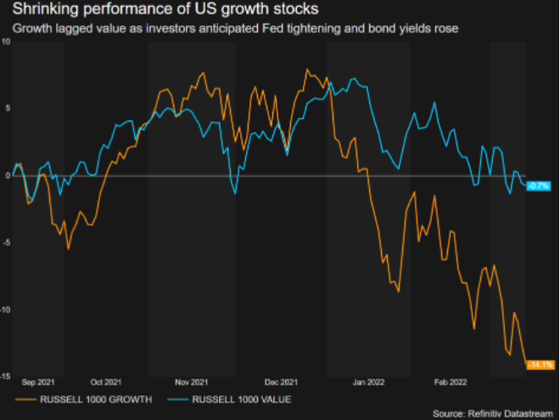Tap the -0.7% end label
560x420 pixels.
[x=540, y=185]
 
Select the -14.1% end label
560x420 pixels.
[x=540, y=365]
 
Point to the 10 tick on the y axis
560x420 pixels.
[x=6, y=42]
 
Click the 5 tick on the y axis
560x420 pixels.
[x=7, y=109]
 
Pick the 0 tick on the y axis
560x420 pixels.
[x=7, y=176]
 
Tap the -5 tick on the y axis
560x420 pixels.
[x=6, y=243]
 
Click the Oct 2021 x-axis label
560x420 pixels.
[x=105, y=382]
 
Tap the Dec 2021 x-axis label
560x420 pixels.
[x=280, y=382]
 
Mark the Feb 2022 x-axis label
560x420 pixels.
[x=449, y=382]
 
